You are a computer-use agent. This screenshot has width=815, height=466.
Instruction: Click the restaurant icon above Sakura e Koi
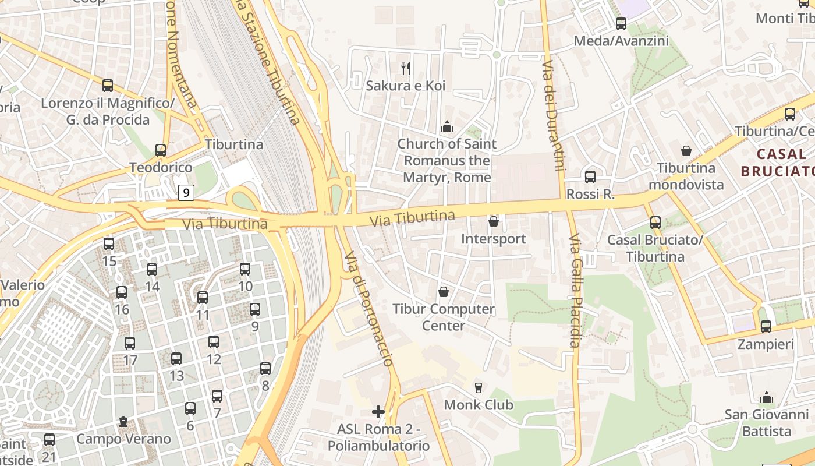tap(406, 69)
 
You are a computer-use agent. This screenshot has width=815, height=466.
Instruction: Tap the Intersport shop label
tap(493, 239)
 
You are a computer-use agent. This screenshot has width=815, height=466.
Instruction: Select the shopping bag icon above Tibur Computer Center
tap(444, 291)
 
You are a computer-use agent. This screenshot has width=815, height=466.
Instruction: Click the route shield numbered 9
tap(186, 192)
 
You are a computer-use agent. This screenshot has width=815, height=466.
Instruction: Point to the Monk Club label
tap(479, 405)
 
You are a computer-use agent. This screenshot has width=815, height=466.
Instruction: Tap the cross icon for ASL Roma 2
tap(378, 412)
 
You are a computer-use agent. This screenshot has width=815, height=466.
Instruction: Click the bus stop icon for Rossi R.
tap(590, 176)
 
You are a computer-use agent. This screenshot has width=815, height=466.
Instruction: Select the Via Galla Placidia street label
tap(575, 291)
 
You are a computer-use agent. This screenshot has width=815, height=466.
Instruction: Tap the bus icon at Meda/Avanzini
tap(621, 24)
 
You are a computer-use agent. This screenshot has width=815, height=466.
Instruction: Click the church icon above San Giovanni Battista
tap(767, 397)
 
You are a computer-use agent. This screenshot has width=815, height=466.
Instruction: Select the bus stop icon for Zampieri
tap(766, 327)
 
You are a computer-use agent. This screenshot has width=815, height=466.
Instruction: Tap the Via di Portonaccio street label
tap(368, 309)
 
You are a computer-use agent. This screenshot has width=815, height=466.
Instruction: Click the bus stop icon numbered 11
tap(203, 297)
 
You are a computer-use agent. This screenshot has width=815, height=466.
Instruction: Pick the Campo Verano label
tap(123, 439)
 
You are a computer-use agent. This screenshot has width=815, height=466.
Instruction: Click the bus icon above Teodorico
tap(161, 150)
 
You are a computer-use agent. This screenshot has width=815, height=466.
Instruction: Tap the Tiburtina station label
tap(234, 144)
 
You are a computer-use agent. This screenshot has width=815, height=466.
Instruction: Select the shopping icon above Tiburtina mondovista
tap(687, 151)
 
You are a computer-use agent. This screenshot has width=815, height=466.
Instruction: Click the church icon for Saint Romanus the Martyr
tap(447, 126)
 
